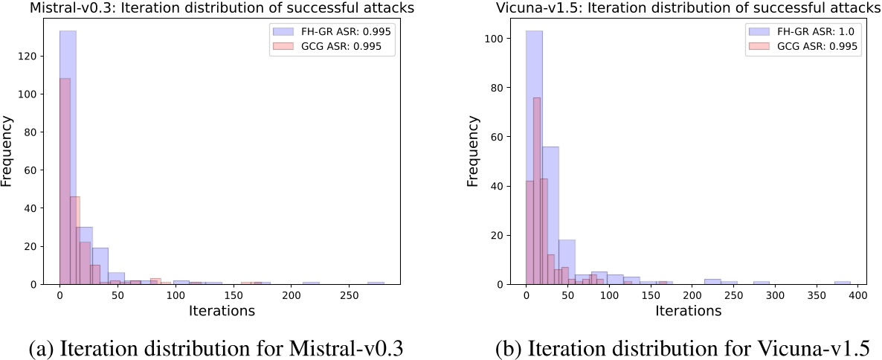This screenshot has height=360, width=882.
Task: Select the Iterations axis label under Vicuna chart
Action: (688, 311)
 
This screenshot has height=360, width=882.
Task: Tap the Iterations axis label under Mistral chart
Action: (222, 311)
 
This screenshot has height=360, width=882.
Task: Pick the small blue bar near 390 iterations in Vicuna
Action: (842, 283)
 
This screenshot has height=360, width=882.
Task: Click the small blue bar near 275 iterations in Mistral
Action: (376, 283)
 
